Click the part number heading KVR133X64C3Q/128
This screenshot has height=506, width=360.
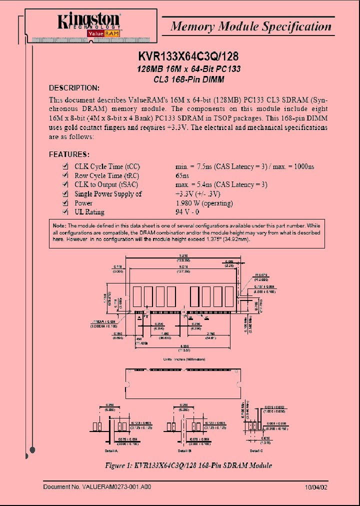189,56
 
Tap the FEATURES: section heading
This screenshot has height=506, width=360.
69,154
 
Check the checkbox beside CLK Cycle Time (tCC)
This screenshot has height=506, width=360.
64,166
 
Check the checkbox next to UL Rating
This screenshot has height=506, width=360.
64,212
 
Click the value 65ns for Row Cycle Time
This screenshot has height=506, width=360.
182,175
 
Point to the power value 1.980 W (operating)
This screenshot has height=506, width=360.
204,203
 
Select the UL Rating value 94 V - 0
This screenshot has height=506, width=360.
188,212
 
